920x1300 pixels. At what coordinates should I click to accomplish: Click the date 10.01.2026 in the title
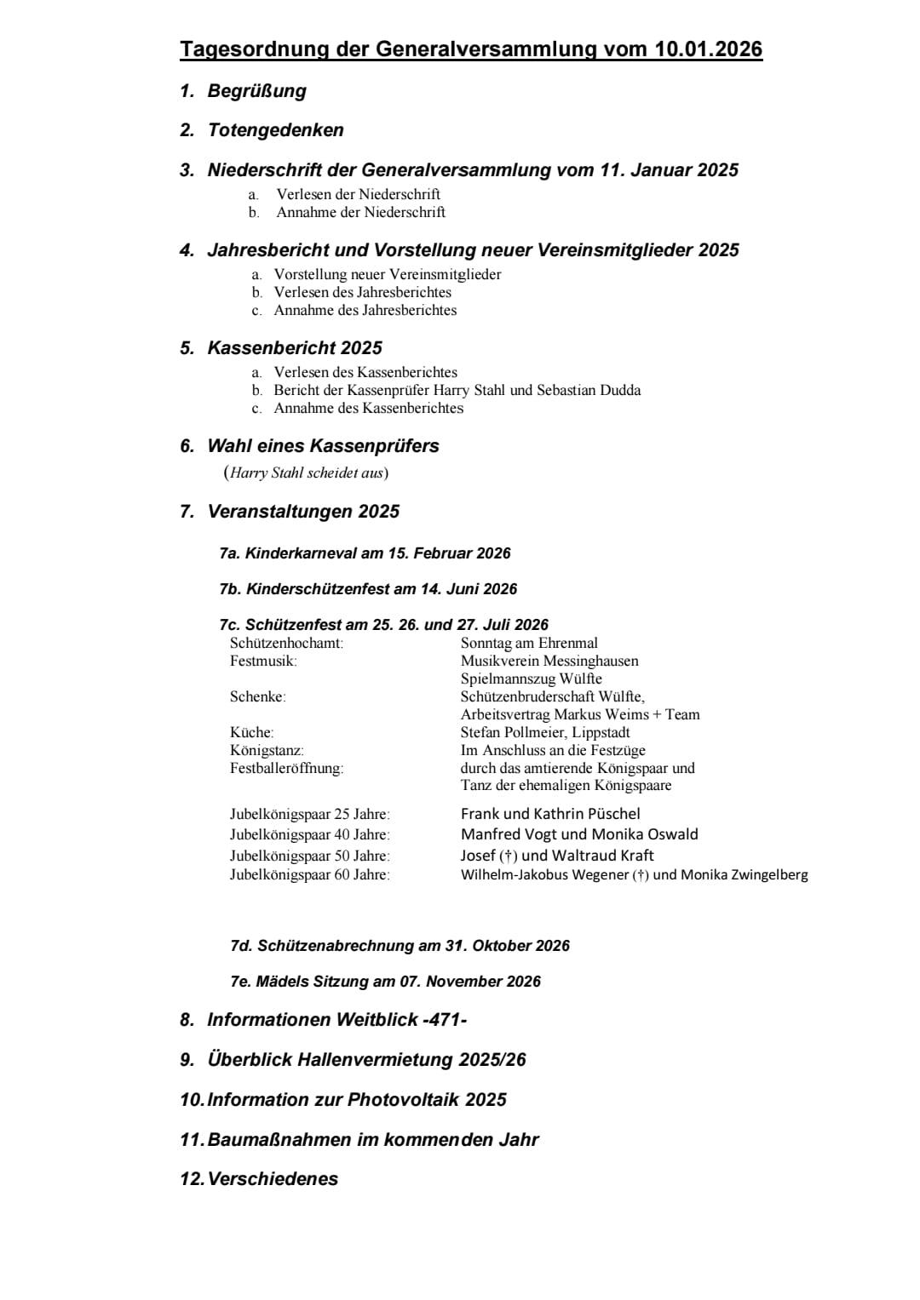pos(708,49)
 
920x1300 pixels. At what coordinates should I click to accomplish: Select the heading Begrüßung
pos(256,91)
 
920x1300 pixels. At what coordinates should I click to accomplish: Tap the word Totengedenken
pos(275,130)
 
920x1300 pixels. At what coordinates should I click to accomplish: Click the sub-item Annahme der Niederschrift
pos(360,212)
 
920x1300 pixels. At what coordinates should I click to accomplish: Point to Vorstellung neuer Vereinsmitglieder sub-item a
pos(387,274)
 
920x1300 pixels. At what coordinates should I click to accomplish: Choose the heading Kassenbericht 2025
pos(295,347)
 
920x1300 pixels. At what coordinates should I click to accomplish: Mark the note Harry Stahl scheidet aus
pos(306,472)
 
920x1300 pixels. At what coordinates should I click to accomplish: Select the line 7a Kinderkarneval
pos(365,553)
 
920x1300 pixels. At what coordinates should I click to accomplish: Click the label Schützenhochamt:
pos(286,643)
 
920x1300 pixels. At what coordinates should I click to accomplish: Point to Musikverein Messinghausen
pos(549,661)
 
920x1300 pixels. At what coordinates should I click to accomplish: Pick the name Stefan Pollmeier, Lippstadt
pos(545,732)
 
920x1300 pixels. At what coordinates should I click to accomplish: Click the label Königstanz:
pos(267,750)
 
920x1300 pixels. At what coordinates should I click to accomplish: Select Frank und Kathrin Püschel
pos(550,814)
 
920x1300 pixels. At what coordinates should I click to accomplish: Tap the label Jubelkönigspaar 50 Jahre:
pos(309,856)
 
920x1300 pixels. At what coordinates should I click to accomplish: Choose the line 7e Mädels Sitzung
pos(385,982)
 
